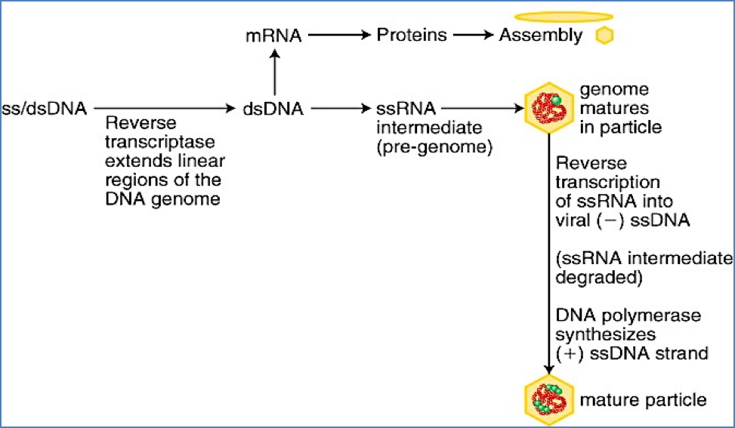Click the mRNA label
tap(274, 35)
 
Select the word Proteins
tap(412, 35)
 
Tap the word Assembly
tap(541, 35)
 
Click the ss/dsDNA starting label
tap(45, 109)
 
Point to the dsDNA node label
tap(273, 109)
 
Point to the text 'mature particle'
tap(642, 399)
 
